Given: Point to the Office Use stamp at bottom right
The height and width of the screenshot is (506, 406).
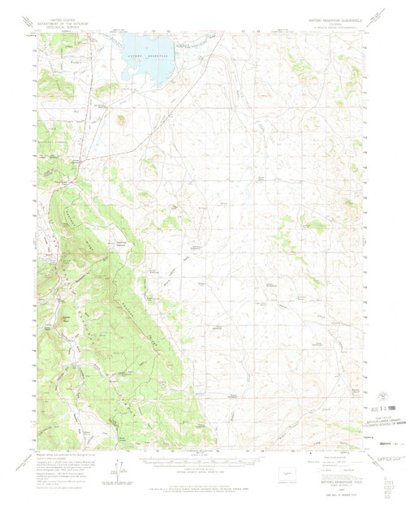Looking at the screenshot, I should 382,461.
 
